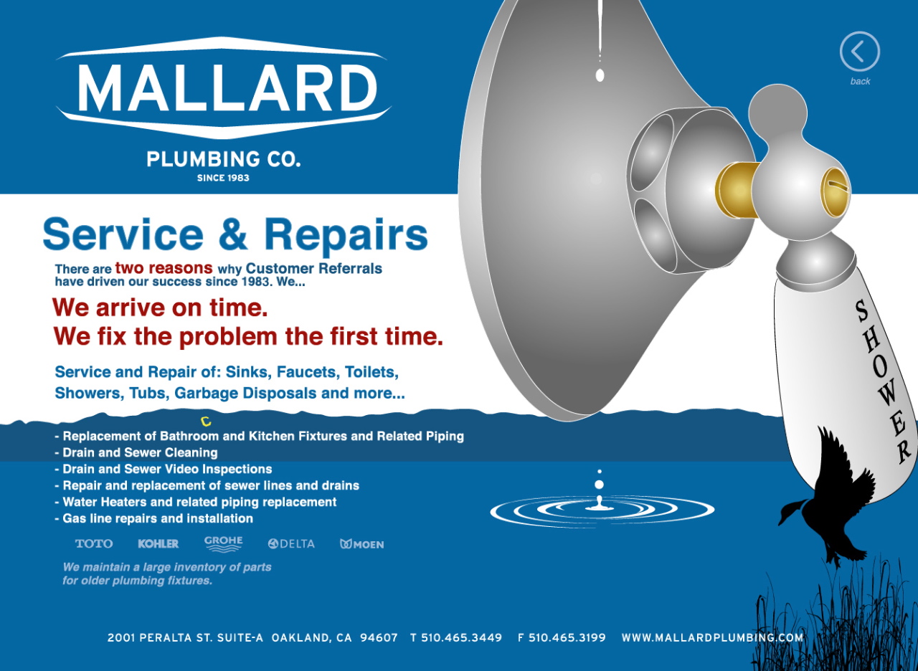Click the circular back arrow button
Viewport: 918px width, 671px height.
(859, 52)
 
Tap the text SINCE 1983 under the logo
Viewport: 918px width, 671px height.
(223, 178)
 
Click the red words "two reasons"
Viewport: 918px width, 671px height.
(164, 268)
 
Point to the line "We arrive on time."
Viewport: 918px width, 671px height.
(160, 308)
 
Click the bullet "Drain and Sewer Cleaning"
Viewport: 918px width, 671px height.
(139, 452)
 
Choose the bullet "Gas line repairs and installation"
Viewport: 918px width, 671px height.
(157, 518)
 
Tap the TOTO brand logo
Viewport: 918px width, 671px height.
(94, 544)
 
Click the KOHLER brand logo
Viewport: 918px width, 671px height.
(158, 544)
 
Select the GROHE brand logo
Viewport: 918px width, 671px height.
(224, 543)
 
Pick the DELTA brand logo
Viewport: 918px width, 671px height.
(291, 544)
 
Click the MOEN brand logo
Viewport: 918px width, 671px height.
(362, 544)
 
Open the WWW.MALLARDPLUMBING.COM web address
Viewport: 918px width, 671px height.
(712, 637)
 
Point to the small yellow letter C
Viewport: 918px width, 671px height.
(206, 422)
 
